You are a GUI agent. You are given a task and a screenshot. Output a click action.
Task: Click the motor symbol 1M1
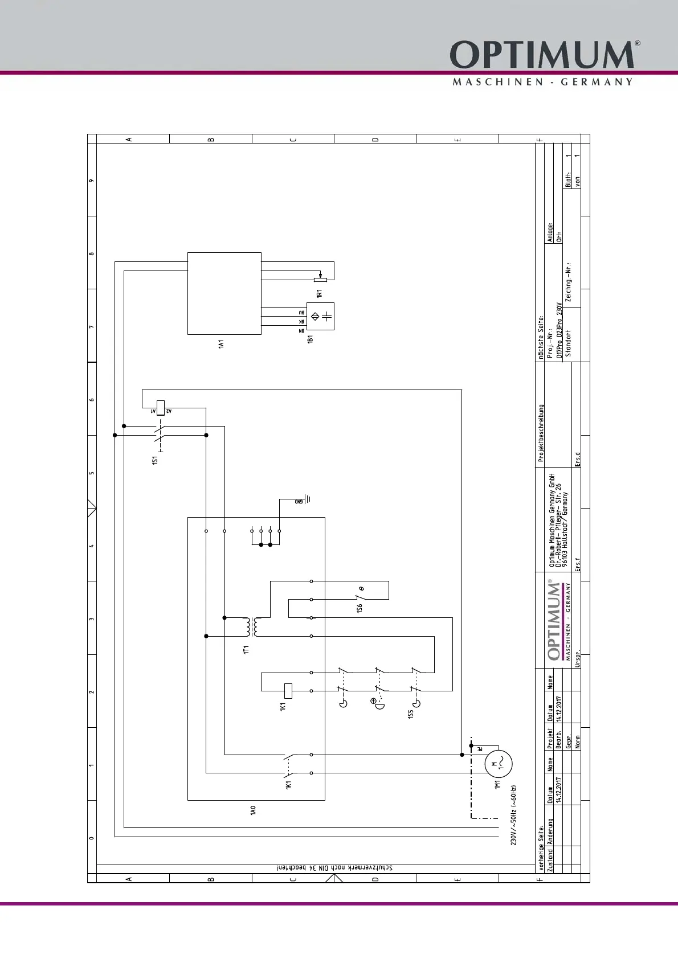498,764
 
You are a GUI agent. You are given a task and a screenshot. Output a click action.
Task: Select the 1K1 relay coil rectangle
288,691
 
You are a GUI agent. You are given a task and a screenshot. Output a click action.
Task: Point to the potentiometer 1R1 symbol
321,280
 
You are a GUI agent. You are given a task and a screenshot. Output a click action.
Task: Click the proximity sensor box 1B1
320,316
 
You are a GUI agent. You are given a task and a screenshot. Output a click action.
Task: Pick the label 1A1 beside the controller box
221,344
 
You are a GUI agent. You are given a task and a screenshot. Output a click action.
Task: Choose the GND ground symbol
306,499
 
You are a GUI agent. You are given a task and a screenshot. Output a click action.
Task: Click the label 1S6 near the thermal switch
360,609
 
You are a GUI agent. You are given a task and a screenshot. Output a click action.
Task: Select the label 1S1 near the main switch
154,460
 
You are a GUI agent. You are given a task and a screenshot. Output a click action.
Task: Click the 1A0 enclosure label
253,810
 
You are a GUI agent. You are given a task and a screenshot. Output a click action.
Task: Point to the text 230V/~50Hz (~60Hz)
513,815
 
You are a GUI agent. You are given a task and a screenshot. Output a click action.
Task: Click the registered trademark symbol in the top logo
638,43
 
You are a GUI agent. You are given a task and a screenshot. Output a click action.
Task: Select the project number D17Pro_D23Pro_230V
559,330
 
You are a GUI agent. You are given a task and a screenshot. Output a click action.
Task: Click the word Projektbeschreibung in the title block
541,433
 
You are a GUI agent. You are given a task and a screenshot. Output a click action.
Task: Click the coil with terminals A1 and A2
161,408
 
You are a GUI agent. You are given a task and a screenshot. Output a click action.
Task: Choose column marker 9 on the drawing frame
92,181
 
